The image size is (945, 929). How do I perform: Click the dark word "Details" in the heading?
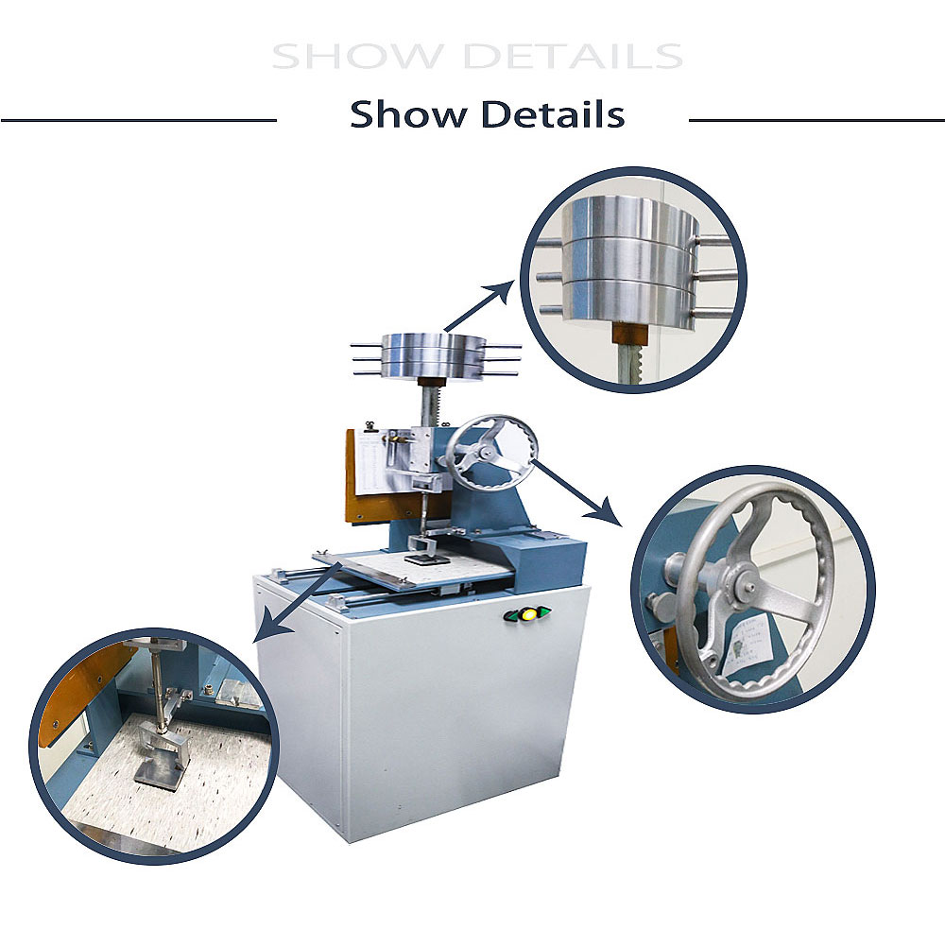[553, 114]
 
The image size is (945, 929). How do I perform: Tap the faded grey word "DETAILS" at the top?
[575, 56]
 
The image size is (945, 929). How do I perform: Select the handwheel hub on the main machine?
[484, 455]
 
